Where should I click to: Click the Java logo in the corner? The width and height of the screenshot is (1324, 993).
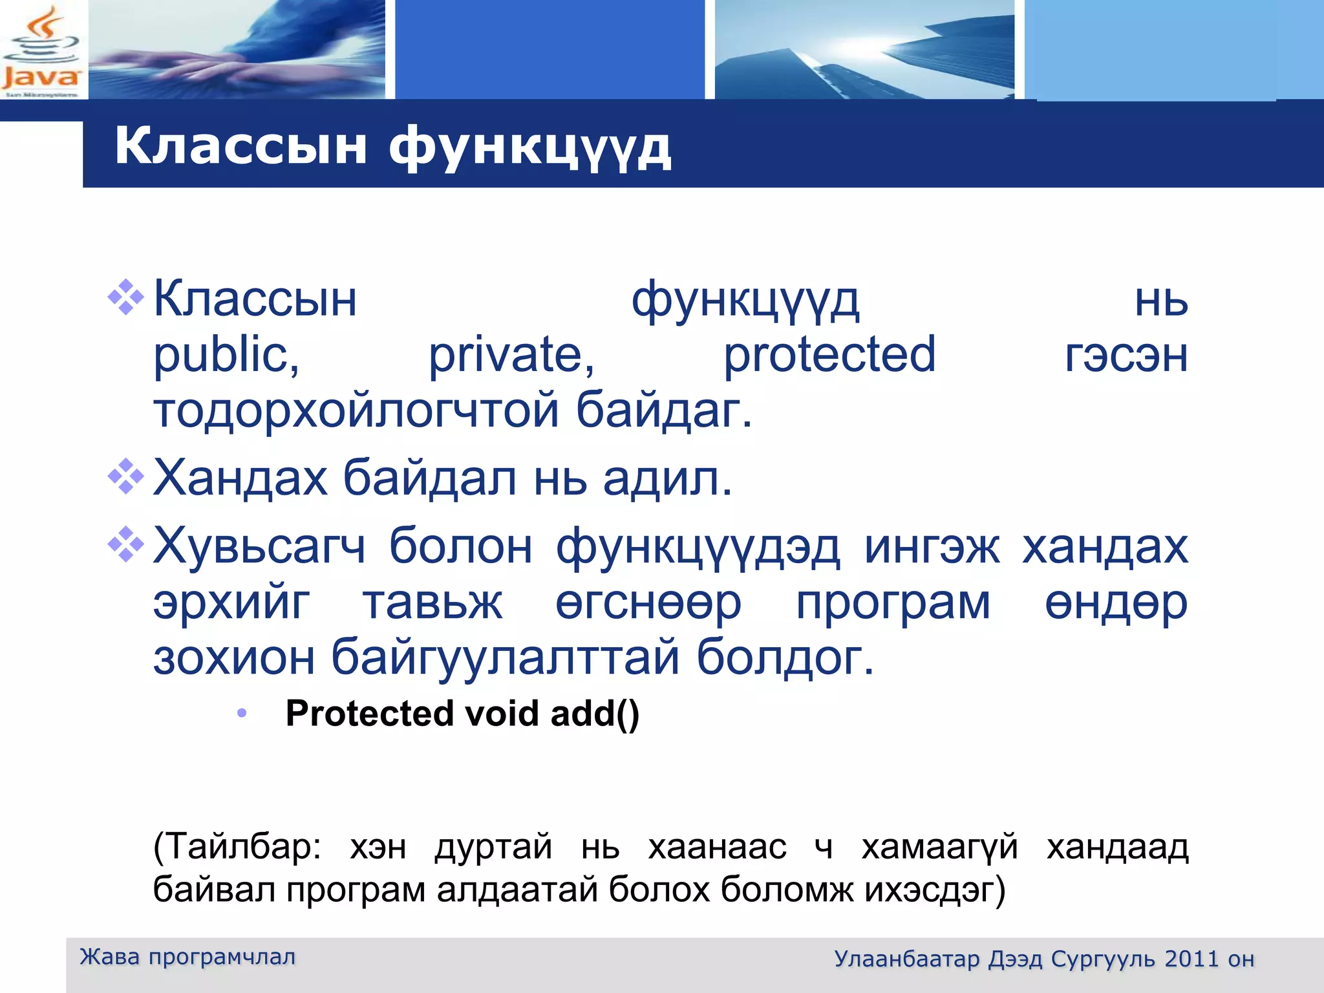41,50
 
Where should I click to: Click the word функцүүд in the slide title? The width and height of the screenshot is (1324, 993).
529,147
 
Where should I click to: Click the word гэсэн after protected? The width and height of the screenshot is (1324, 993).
1126,356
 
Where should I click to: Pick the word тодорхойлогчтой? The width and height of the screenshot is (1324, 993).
356,410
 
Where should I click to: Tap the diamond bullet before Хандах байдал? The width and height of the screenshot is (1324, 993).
125,476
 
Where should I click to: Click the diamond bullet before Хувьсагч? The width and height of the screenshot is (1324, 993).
125,545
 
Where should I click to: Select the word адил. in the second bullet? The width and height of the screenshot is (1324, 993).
667,479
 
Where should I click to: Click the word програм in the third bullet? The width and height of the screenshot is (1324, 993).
892,603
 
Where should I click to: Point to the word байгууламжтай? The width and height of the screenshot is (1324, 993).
504,657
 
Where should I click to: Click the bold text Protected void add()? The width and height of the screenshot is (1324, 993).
462,714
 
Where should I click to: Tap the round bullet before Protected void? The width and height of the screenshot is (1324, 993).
242,714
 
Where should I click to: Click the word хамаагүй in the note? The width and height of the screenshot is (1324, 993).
939,848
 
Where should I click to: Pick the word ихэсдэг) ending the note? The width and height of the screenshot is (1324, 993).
935,890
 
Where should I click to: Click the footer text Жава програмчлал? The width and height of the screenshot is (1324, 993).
187,957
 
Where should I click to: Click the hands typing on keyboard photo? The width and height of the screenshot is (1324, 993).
237,50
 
